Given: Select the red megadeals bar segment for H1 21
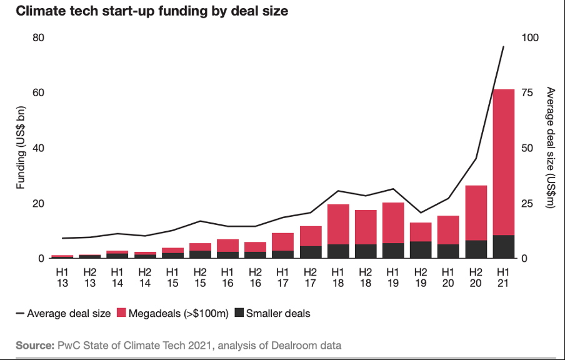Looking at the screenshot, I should [x=503, y=162].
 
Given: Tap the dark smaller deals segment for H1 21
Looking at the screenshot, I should [x=503, y=247].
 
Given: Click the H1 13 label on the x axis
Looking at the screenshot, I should [x=62, y=277].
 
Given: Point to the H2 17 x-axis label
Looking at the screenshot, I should [x=310, y=277].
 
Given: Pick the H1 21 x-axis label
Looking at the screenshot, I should [x=503, y=277].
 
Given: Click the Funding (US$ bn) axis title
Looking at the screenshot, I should [x=21, y=148].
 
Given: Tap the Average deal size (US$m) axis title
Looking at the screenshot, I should [x=550, y=148].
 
